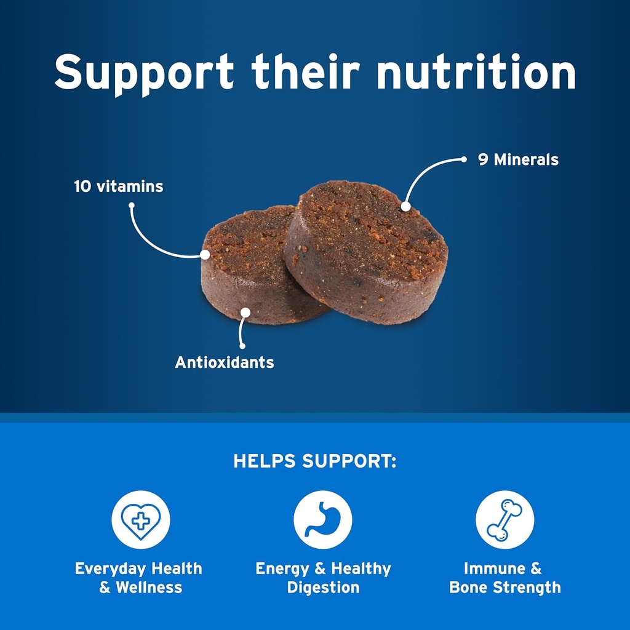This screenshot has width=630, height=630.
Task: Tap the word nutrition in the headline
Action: tap(476, 72)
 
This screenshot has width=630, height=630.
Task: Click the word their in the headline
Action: tap(305, 72)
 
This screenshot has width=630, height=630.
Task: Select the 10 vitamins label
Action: tap(119, 186)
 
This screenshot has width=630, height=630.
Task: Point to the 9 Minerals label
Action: tap(518, 160)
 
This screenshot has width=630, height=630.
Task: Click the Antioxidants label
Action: tap(225, 362)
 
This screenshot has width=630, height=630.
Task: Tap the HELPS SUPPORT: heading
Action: tap(315, 461)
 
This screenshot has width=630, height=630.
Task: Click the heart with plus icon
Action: tap(141, 520)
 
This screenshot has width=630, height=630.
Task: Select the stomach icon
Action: tap(323, 520)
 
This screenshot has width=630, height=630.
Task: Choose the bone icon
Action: tap(504, 520)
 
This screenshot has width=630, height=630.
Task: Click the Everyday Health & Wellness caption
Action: tap(138, 578)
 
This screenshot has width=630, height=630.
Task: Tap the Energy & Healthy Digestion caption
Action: tap(323, 578)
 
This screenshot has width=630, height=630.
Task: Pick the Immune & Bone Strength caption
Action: tap(504, 578)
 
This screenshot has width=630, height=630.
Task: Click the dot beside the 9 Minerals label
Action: tap(465, 159)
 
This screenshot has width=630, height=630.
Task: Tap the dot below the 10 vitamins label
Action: tap(131, 206)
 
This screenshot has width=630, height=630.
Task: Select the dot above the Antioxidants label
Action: tap(242, 345)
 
